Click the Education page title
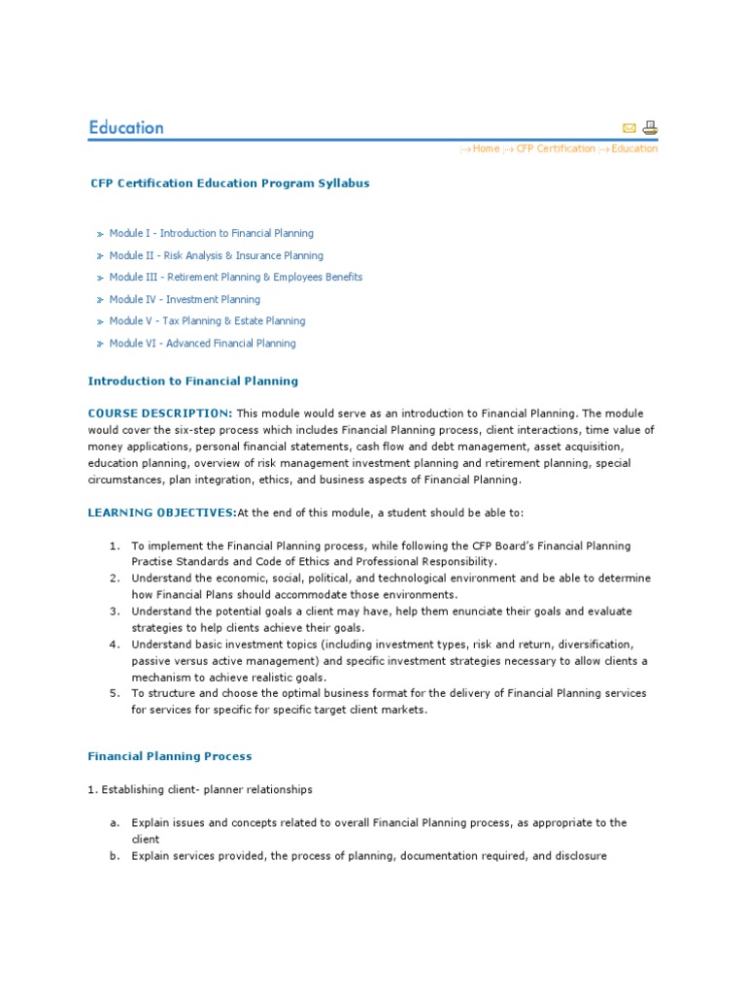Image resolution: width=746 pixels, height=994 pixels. pyautogui.click(x=126, y=127)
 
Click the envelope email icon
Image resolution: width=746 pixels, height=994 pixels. pyautogui.click(x=628, y=128)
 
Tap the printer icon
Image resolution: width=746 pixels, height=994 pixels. pyautogui.click(x=650, y=127)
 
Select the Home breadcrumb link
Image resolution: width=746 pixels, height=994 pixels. pyautogui.click(x=486, y=149)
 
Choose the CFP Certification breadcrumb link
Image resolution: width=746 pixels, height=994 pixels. pyautogui.click(x=556, y=149)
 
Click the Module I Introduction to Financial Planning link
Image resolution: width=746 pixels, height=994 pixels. pyautogui.click(x=211, y=233)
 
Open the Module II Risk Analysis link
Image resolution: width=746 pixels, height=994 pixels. pyautogui.click(x=216, y=255)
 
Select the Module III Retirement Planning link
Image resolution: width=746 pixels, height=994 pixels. pyautogui.click(x=235, y=277)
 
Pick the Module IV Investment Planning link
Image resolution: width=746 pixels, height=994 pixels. pyautogui.click(x=185, y=299)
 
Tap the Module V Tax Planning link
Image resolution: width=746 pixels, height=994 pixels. pyautogui.click(x=207, y=320)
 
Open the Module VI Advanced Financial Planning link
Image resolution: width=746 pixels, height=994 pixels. pyautogui.click(x=202, y=343)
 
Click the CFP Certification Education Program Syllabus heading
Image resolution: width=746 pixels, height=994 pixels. pyautogui.click(x=229, y=182)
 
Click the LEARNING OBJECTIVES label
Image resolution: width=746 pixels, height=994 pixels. pyautogui.click(x=162, y=513)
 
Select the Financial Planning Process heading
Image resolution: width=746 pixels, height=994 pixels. pyautogui.click(x=170, y=756)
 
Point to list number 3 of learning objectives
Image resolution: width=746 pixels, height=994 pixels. pyautogui.click(x=115, y=612)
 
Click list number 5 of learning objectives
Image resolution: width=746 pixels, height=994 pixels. pyautogui.click(x=115, y=693)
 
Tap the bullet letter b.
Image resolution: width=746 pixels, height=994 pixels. pyautogui.click(x=115, y=856)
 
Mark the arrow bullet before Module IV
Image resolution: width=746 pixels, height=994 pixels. pyautogui.click(x=99, y=300)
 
